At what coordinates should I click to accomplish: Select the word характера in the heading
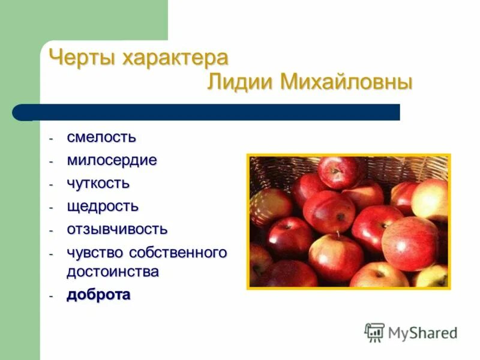click(x=175, y=59)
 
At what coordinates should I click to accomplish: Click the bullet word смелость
click(x=101, y=137)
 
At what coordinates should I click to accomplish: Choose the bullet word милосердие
click(x=112, y=160)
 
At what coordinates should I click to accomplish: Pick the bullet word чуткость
click(x=98, y=183)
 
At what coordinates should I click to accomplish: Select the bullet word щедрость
click(x=103, y=206)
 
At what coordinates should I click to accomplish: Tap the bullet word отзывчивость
click(x=117, y=229)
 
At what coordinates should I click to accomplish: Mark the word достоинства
click(x=113, y=272)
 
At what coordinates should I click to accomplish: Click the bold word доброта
click(x=98, y=295)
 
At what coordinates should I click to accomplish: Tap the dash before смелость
click(x=52, y=138)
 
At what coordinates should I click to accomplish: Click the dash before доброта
click(x=52, y=296)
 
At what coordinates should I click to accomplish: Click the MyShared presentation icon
click(x=374, y=332)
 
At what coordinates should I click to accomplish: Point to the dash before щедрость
click(x=52, y=207)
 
